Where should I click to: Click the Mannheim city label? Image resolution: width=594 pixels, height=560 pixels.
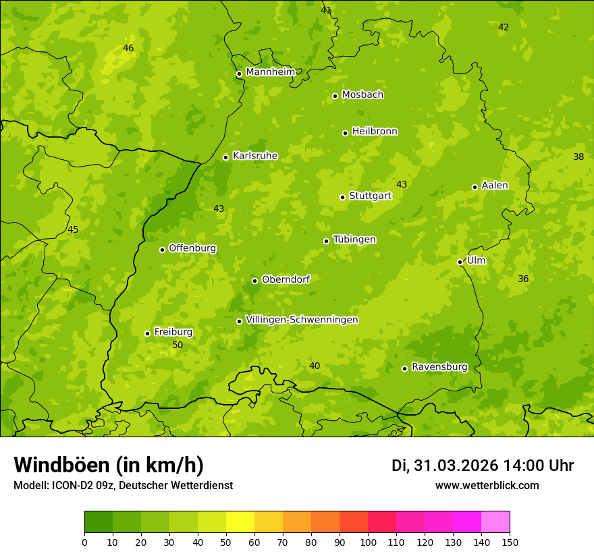pos(270,72)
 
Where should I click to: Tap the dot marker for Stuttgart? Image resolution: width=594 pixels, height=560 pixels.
pos(342,197)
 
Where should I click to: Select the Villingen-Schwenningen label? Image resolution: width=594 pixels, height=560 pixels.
pos(302,320)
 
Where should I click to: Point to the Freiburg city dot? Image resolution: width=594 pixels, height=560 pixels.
pos(147,333)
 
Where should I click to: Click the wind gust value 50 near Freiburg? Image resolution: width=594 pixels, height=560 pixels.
pos(178,345)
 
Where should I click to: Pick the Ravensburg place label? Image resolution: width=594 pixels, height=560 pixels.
pos(439,367)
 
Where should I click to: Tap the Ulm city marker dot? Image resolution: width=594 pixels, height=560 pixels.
pos(460,262)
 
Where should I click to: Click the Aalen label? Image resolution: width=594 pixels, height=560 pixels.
pos(495,186)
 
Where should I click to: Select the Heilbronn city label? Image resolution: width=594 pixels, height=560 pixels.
pos(375,132)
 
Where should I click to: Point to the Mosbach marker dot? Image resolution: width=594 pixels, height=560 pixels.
pos(335,96)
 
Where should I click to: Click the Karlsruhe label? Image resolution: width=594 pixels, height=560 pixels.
pos(254,156)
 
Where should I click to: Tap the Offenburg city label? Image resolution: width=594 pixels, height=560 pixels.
pos(192,248)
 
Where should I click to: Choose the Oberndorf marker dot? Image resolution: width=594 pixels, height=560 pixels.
pos(254,281)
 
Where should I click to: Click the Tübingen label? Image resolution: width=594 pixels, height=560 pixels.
pos(354,240)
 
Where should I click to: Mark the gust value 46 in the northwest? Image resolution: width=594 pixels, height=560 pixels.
pos(128,48)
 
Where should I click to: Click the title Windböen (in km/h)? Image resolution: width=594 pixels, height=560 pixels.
pos(109,465)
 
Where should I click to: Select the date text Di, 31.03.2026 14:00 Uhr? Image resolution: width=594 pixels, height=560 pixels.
pos(483,466)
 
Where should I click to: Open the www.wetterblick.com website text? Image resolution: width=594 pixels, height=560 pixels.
pos(487,486)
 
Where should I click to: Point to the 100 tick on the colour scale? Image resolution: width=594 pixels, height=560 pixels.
pos(368,542)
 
